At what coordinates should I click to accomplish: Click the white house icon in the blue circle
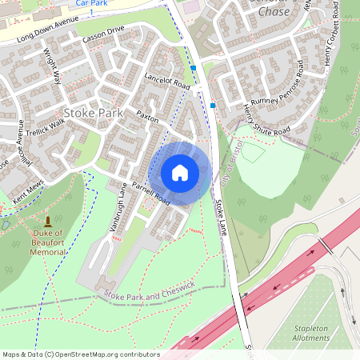point(180,172)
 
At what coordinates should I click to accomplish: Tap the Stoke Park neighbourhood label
point(94,113)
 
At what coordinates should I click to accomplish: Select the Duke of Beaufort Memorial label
point(49,244)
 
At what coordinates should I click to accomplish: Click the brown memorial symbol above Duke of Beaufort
point(49,221)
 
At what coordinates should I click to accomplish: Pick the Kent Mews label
point(26,192)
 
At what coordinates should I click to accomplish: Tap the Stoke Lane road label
point(222,217)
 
